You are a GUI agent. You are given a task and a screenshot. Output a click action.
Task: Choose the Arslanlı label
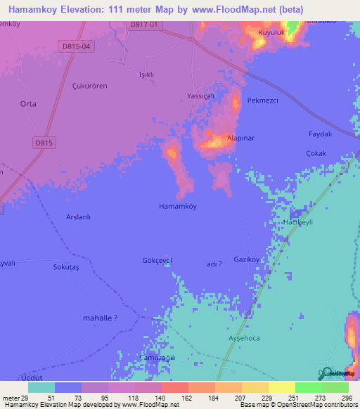point(79,217)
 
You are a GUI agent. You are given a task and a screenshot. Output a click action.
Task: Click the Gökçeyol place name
point(157,260)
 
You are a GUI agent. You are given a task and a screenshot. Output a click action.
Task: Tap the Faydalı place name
point(320,134)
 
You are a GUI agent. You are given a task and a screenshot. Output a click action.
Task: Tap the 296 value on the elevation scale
point(345,398)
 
